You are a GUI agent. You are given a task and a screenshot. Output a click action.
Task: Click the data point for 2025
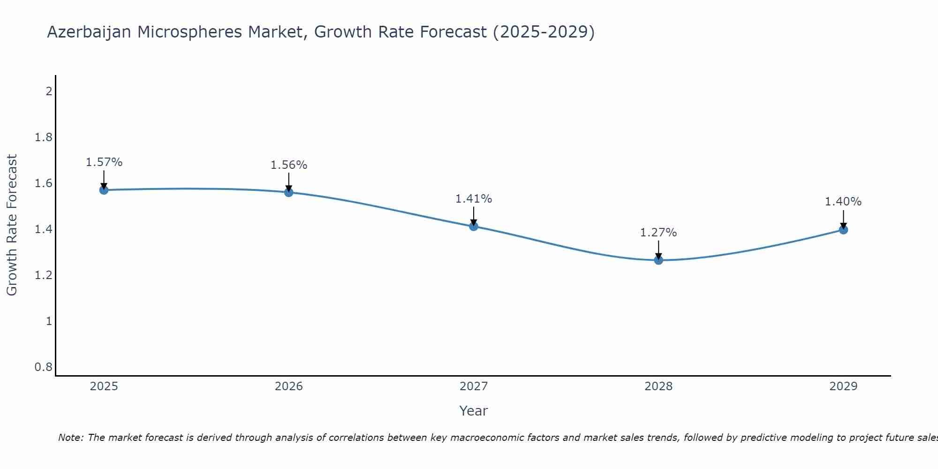(104, 190)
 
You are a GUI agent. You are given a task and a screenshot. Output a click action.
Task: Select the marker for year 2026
(288, 192)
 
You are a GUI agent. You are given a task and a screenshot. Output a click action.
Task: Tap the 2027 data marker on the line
(474, 227)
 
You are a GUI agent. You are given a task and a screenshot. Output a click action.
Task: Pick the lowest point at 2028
(658, 260)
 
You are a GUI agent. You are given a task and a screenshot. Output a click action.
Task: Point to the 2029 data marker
(843, 230)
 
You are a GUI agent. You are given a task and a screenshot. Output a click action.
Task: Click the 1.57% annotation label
(104, 162)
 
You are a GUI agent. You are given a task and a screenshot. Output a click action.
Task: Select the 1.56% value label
(288, 165)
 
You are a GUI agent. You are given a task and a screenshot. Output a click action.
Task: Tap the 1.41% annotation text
(474, 199)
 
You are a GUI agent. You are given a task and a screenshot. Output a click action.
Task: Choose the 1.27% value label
(658, 233)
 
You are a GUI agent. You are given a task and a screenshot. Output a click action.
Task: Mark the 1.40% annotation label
(843, 202)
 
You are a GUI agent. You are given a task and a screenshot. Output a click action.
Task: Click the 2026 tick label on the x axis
(288, 386)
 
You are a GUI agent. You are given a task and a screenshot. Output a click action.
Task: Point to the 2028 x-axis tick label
(658, 386)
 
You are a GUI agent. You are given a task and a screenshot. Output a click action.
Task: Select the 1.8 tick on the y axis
(44, 137)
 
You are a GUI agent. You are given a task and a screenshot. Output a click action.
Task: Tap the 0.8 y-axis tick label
(44, 367)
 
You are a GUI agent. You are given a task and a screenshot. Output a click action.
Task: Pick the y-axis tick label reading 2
(49, 91)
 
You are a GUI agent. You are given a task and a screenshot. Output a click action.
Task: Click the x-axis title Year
(474, 411)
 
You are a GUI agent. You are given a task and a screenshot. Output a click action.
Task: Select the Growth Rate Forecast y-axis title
(12, 225)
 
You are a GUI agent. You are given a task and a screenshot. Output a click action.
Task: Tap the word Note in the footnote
(70, 438)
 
